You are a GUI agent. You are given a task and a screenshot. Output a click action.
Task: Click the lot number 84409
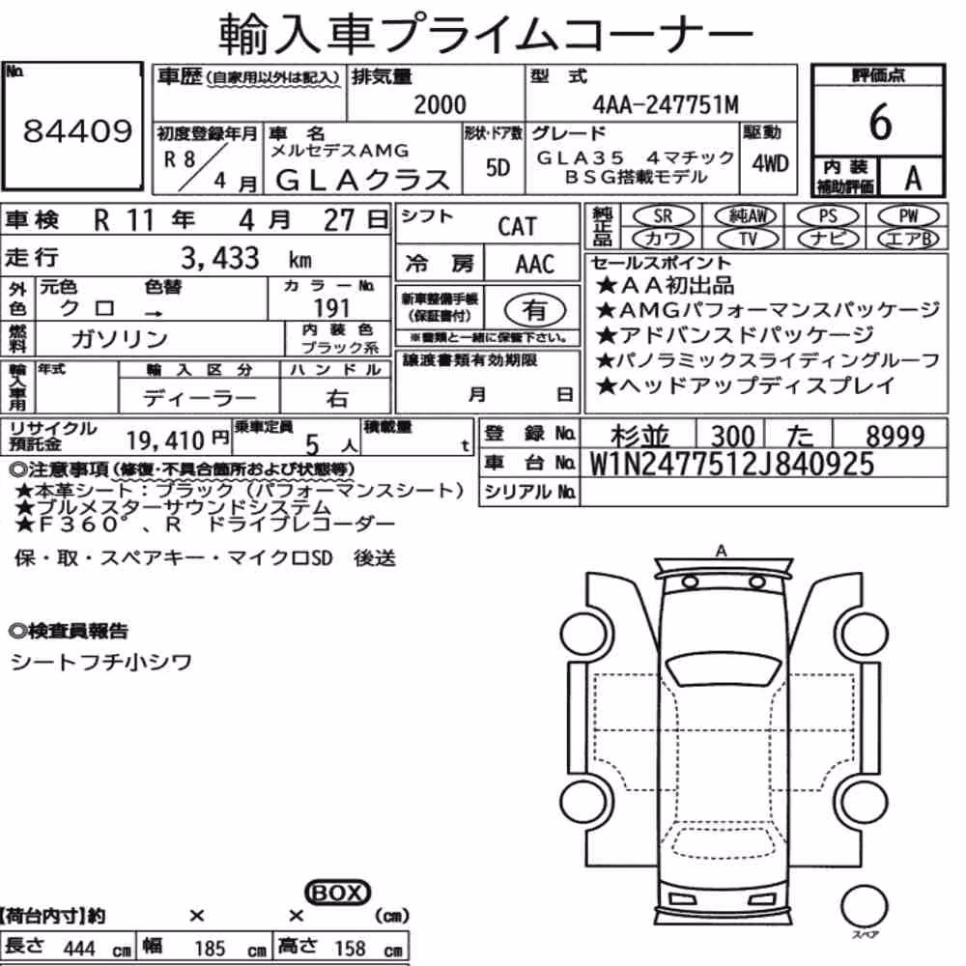(77, 131)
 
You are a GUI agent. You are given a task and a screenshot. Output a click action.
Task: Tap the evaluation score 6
(880, 122)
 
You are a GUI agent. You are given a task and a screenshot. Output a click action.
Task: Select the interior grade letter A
(913, 179)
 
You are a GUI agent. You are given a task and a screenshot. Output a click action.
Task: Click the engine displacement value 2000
(440, 104)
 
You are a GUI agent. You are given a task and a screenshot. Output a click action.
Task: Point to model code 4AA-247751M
(666, 104)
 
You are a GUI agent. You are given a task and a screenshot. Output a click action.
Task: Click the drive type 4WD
(770, 164)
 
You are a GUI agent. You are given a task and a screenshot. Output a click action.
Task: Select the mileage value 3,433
(220, 259)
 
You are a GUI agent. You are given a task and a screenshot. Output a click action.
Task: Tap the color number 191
(331, 308)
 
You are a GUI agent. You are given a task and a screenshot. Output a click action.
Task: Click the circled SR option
(664, 216)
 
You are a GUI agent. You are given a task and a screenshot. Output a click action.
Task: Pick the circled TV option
(748, 239)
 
